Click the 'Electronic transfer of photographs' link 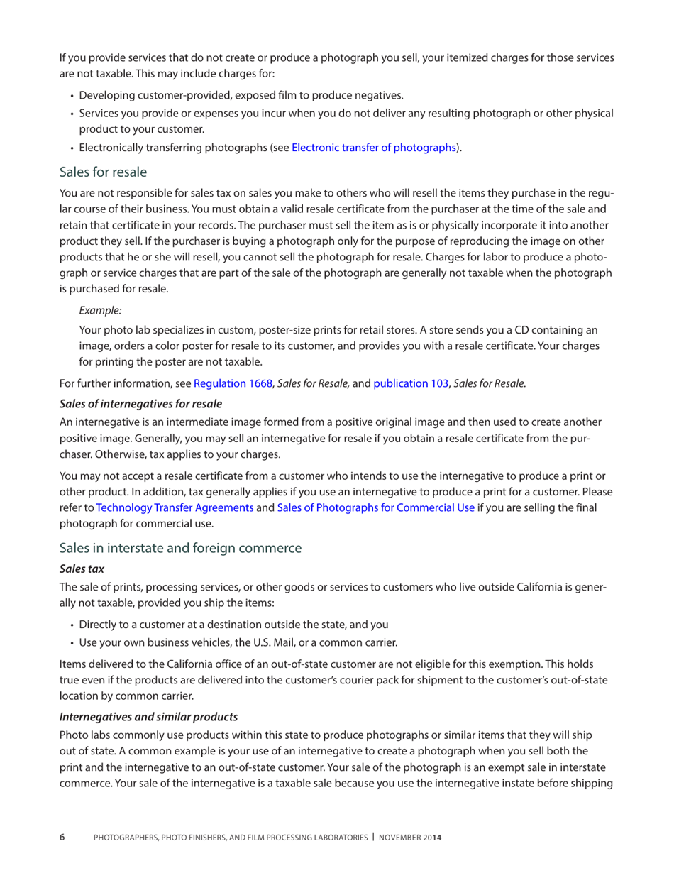373,148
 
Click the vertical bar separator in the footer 374,838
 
